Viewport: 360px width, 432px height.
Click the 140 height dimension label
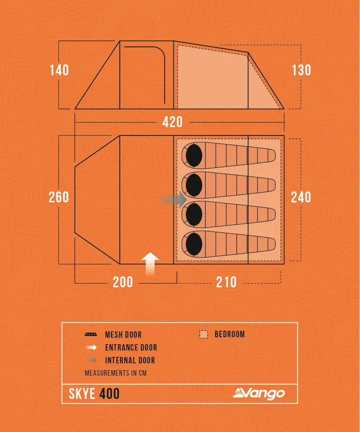59,70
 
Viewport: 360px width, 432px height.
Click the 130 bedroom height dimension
301,70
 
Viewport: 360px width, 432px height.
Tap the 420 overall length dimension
172,122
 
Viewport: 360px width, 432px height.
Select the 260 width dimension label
59,197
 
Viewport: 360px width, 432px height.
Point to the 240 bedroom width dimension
301,197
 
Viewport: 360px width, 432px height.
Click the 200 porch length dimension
123,282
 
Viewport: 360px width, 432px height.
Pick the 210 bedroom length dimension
226,282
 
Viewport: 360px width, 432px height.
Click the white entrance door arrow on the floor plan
150,263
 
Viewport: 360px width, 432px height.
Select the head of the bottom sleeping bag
193,243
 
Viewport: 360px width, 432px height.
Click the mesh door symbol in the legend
91,335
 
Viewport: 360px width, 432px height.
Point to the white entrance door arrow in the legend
91,347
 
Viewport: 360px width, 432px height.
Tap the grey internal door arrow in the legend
91,360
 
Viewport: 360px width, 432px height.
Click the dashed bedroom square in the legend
204,334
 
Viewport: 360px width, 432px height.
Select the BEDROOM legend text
229,334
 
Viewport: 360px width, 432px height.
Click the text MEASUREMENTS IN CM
116,373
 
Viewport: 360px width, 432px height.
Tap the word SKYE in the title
82,394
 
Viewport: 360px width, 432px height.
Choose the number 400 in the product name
109,394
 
